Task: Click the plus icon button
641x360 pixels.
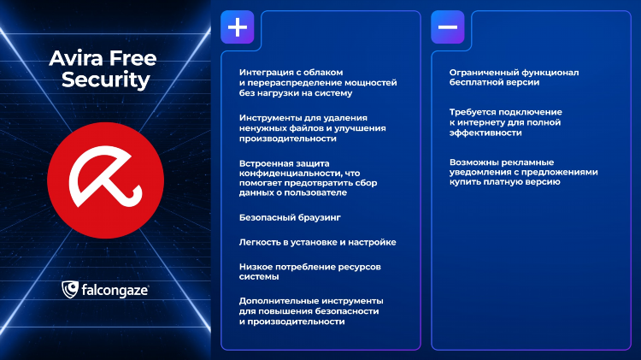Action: (237, 27)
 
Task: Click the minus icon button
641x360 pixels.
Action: (448, 27)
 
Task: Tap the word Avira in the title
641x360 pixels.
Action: (76, 58)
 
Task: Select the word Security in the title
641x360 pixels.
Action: (106, 80)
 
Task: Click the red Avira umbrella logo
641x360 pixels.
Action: (105, 180)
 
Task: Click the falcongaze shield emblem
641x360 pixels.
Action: (70, 290)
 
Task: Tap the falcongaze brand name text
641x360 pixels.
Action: (115, 291)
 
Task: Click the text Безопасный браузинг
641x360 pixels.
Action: (290, 218)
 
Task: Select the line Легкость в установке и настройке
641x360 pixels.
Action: (318, 242)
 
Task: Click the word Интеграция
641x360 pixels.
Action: (266, 73)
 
